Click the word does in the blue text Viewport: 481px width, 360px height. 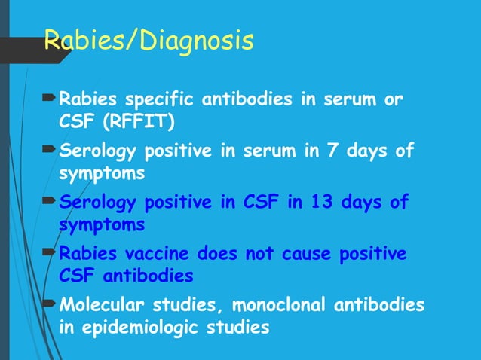coord(209,254)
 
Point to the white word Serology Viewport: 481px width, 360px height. coord(98,151)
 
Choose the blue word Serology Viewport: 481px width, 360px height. coord(98,203)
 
